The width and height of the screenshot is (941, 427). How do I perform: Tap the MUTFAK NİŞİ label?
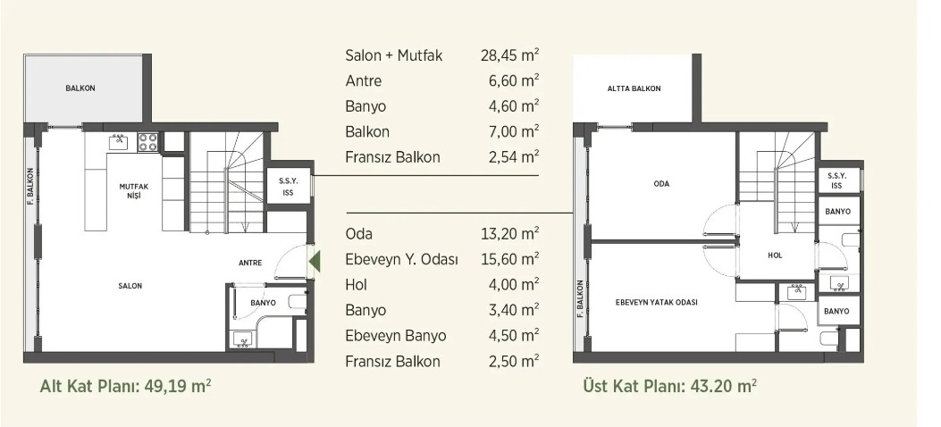[133, 190]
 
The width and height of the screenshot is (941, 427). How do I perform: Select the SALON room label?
[130, 286]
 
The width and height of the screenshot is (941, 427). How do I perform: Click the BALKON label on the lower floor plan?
[80, 88]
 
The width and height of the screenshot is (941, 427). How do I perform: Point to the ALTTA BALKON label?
[634, 88]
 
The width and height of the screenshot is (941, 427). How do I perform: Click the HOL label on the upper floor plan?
[775, 255]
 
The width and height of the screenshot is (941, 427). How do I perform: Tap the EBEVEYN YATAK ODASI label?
[657, 302]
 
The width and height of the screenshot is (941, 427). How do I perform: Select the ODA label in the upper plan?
[660, 184]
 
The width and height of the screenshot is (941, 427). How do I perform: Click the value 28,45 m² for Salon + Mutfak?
[509, 55]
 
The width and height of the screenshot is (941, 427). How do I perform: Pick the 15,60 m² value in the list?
[509, 259]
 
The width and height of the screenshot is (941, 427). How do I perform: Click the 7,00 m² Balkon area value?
[514, 131]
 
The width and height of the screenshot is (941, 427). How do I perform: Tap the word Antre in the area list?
[363, 81]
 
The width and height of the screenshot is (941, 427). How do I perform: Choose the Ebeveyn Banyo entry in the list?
[396, 335]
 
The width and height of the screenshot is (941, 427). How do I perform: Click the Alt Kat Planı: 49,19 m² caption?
[125, 385]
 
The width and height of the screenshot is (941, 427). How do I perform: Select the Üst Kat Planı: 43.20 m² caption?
[669, 385]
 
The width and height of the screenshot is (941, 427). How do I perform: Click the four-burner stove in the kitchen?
[147, 141]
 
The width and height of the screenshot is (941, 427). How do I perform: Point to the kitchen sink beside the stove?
[118, 141]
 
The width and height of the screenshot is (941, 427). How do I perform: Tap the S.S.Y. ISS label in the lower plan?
[288, 186]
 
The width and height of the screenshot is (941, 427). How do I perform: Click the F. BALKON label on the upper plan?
[580, 298]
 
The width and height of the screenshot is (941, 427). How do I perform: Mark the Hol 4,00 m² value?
[514, 284]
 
